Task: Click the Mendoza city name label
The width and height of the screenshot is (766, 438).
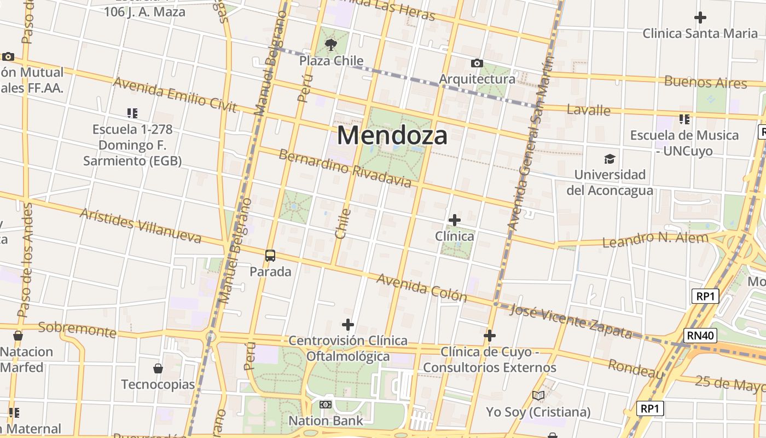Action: [x=392, y=135]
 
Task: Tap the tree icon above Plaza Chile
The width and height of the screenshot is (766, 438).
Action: [x=330, y=44]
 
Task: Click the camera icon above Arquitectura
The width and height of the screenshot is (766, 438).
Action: [x=477, y=64]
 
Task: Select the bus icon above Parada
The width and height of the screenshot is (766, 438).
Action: [x=270, y=256]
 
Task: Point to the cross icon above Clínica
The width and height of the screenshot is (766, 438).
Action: [x=454, y=220]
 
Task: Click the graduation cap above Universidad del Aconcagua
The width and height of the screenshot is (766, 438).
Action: [x=610, y=159]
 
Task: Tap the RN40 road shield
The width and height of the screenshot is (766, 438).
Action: [x=700, y=336]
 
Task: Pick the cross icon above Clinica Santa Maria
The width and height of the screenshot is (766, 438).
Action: [x=700, y=18]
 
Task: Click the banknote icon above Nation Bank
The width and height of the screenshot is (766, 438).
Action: [x=326, y=405]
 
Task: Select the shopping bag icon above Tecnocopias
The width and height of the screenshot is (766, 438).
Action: [x=158, y=368]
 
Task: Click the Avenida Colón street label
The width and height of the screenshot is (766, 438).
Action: [x=421, y=287]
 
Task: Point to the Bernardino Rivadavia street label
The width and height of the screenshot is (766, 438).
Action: [x=345, y=168]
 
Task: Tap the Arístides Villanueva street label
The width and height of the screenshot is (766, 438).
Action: [x=141, y=225]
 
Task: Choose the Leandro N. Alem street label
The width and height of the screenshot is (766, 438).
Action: [x=655, y=239]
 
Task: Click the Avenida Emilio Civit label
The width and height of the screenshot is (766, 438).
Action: [x=175, y=94]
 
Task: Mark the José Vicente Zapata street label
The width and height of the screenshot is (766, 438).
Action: [x=571, y=321]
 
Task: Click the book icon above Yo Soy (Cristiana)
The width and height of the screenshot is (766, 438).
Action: [x=538, y=395]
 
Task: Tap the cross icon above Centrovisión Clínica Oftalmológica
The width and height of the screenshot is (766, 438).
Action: [x=348, y=325]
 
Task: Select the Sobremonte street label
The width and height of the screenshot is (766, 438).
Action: [x=77, y=330]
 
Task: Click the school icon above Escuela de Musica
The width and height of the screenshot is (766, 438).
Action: [x=684, y=119]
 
